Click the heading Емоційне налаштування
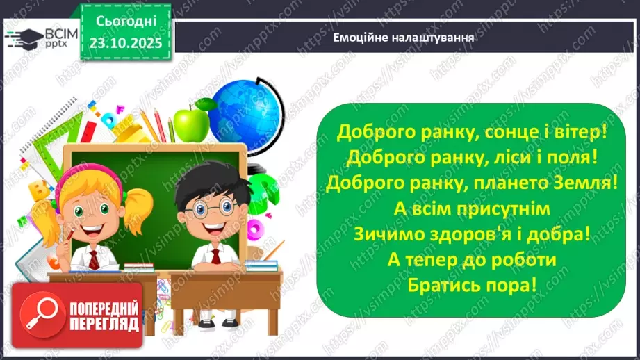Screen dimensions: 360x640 [403, 38]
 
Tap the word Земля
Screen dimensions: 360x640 [590, 183]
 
